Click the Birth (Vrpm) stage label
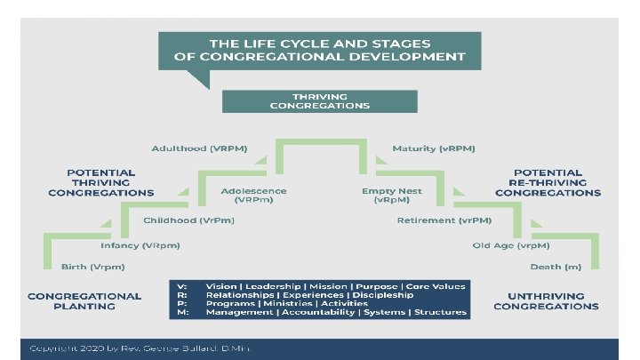coord(92,267)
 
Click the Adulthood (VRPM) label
coord(199,148)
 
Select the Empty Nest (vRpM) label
coord(391,196)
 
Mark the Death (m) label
coord(550,267)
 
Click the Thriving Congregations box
coord(319,100)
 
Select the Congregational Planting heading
coord(84,300)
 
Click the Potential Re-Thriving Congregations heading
coord(548,182)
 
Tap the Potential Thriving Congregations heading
coord(101,182)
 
